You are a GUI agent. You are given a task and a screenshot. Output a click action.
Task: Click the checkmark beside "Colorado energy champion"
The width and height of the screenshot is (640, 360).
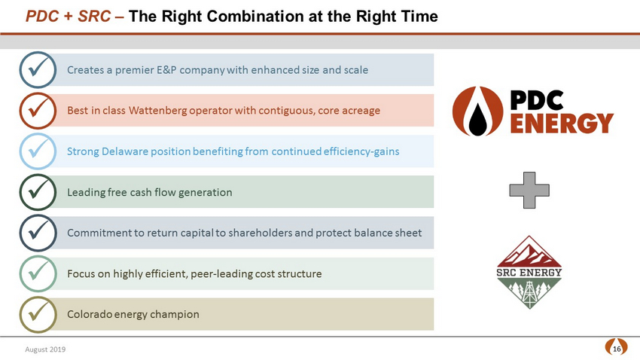(x=38, y=314)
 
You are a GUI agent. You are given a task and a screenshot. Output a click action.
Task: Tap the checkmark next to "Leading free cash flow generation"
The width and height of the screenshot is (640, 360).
(x=38, y=192)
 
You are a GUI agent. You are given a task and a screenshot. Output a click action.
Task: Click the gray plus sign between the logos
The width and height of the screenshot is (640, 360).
(x=529, y=191)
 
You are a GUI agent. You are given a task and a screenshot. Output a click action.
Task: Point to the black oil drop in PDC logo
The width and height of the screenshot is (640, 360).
(x=477, y=118)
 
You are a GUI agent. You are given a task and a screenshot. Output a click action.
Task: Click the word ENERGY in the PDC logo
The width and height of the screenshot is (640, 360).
(x=562, y=124)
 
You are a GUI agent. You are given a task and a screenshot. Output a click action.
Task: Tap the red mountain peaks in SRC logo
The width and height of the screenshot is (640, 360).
(x=529, y=253)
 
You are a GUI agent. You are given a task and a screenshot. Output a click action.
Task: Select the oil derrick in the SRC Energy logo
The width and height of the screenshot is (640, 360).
(x=529, y=293)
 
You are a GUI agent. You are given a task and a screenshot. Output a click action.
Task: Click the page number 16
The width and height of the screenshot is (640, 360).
(x=617, y=349)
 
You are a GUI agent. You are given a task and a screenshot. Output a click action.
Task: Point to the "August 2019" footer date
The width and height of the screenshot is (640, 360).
(x=45, y=349)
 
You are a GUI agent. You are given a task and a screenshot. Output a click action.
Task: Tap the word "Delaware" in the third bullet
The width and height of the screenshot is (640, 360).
(x=124, y=151)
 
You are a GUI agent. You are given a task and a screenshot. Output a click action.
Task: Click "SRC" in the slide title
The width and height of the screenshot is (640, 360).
(x=94, y=17)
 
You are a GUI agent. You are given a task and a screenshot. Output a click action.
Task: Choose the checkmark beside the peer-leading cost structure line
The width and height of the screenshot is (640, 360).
(x=38, y=273)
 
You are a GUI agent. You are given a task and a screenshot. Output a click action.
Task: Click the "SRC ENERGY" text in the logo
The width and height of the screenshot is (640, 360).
(x=529, y=272)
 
